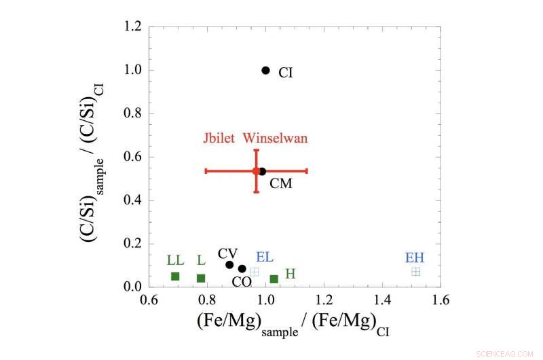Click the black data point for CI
[265, 70]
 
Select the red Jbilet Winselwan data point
[256, 170]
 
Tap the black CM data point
[263, 171]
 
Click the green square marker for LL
[175, 276]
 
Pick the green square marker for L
[201, 278]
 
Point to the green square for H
[274, 278]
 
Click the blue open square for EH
[416, 271]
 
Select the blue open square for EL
[254, 272]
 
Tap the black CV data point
[229, 264]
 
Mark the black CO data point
[242, 268]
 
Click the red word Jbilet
[219, 139]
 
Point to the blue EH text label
[415, 257]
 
